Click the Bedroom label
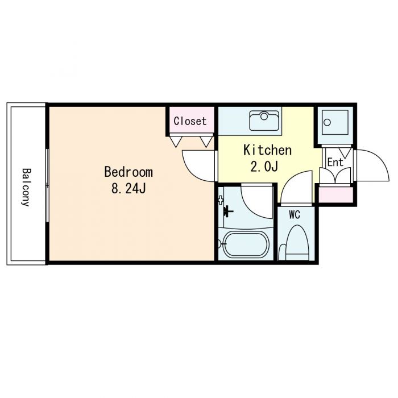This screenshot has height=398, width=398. coord(128,172)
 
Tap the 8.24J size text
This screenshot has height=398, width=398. coord(128,188)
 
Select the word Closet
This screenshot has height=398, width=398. coord(190,121)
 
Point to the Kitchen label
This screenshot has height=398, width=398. coord(267,150)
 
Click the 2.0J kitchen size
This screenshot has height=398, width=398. coord(264,167)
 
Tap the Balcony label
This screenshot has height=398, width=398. coord(26,187)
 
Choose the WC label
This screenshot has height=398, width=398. coord(295,215)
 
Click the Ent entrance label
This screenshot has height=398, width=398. coord(335,163)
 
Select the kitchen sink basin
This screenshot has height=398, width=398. coord(264,121)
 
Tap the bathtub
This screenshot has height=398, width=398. coord(246,244)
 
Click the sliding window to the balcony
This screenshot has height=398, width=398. coord(47,185)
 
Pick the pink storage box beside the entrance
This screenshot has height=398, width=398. coord(335,194)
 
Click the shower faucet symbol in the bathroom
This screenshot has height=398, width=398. coord(228,211)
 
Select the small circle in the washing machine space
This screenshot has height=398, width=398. coord(327,122)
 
